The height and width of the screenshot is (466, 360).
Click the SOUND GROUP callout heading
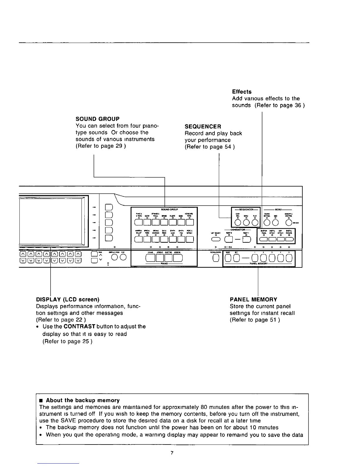coord(97,119)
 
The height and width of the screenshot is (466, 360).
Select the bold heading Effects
coord(241,92)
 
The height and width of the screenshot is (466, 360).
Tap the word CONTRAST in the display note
coord(79,326)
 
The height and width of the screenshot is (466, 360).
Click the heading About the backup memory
coord(83,400)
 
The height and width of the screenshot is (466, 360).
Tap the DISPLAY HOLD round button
coord(114,257)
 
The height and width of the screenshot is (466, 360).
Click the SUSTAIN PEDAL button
coord(263,240)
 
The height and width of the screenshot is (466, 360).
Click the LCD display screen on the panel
coord(51,221)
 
